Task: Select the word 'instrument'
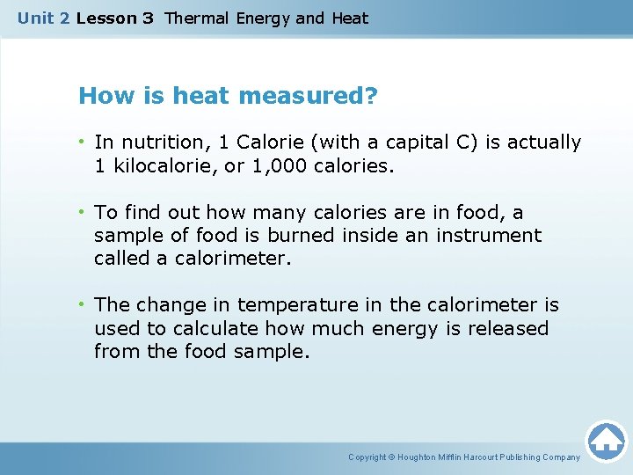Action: tap(497, 236)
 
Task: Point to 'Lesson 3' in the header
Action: tap(114, 18)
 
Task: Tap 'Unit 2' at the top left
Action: tap(44, 18)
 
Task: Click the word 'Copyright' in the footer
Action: tap(367, 457)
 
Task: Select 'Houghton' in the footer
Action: tap(418, 457)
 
